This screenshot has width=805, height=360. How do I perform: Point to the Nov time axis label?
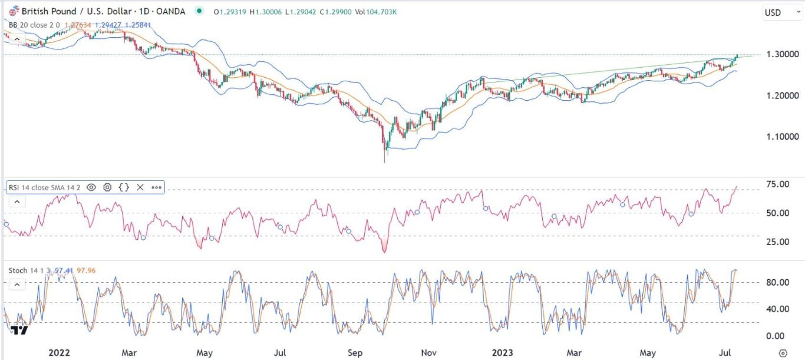point(428,353)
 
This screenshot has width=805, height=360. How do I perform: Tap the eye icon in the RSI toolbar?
point(91,187)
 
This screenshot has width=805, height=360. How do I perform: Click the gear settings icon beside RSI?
point(107,187)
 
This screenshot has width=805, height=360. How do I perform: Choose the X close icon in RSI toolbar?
point(140,187)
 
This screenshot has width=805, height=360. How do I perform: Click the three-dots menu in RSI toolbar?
point(156,187)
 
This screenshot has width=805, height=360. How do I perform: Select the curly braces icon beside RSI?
point(124,187)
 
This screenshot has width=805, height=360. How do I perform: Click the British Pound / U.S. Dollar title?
point(71,11)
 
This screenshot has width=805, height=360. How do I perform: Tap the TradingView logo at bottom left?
point(19,330)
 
